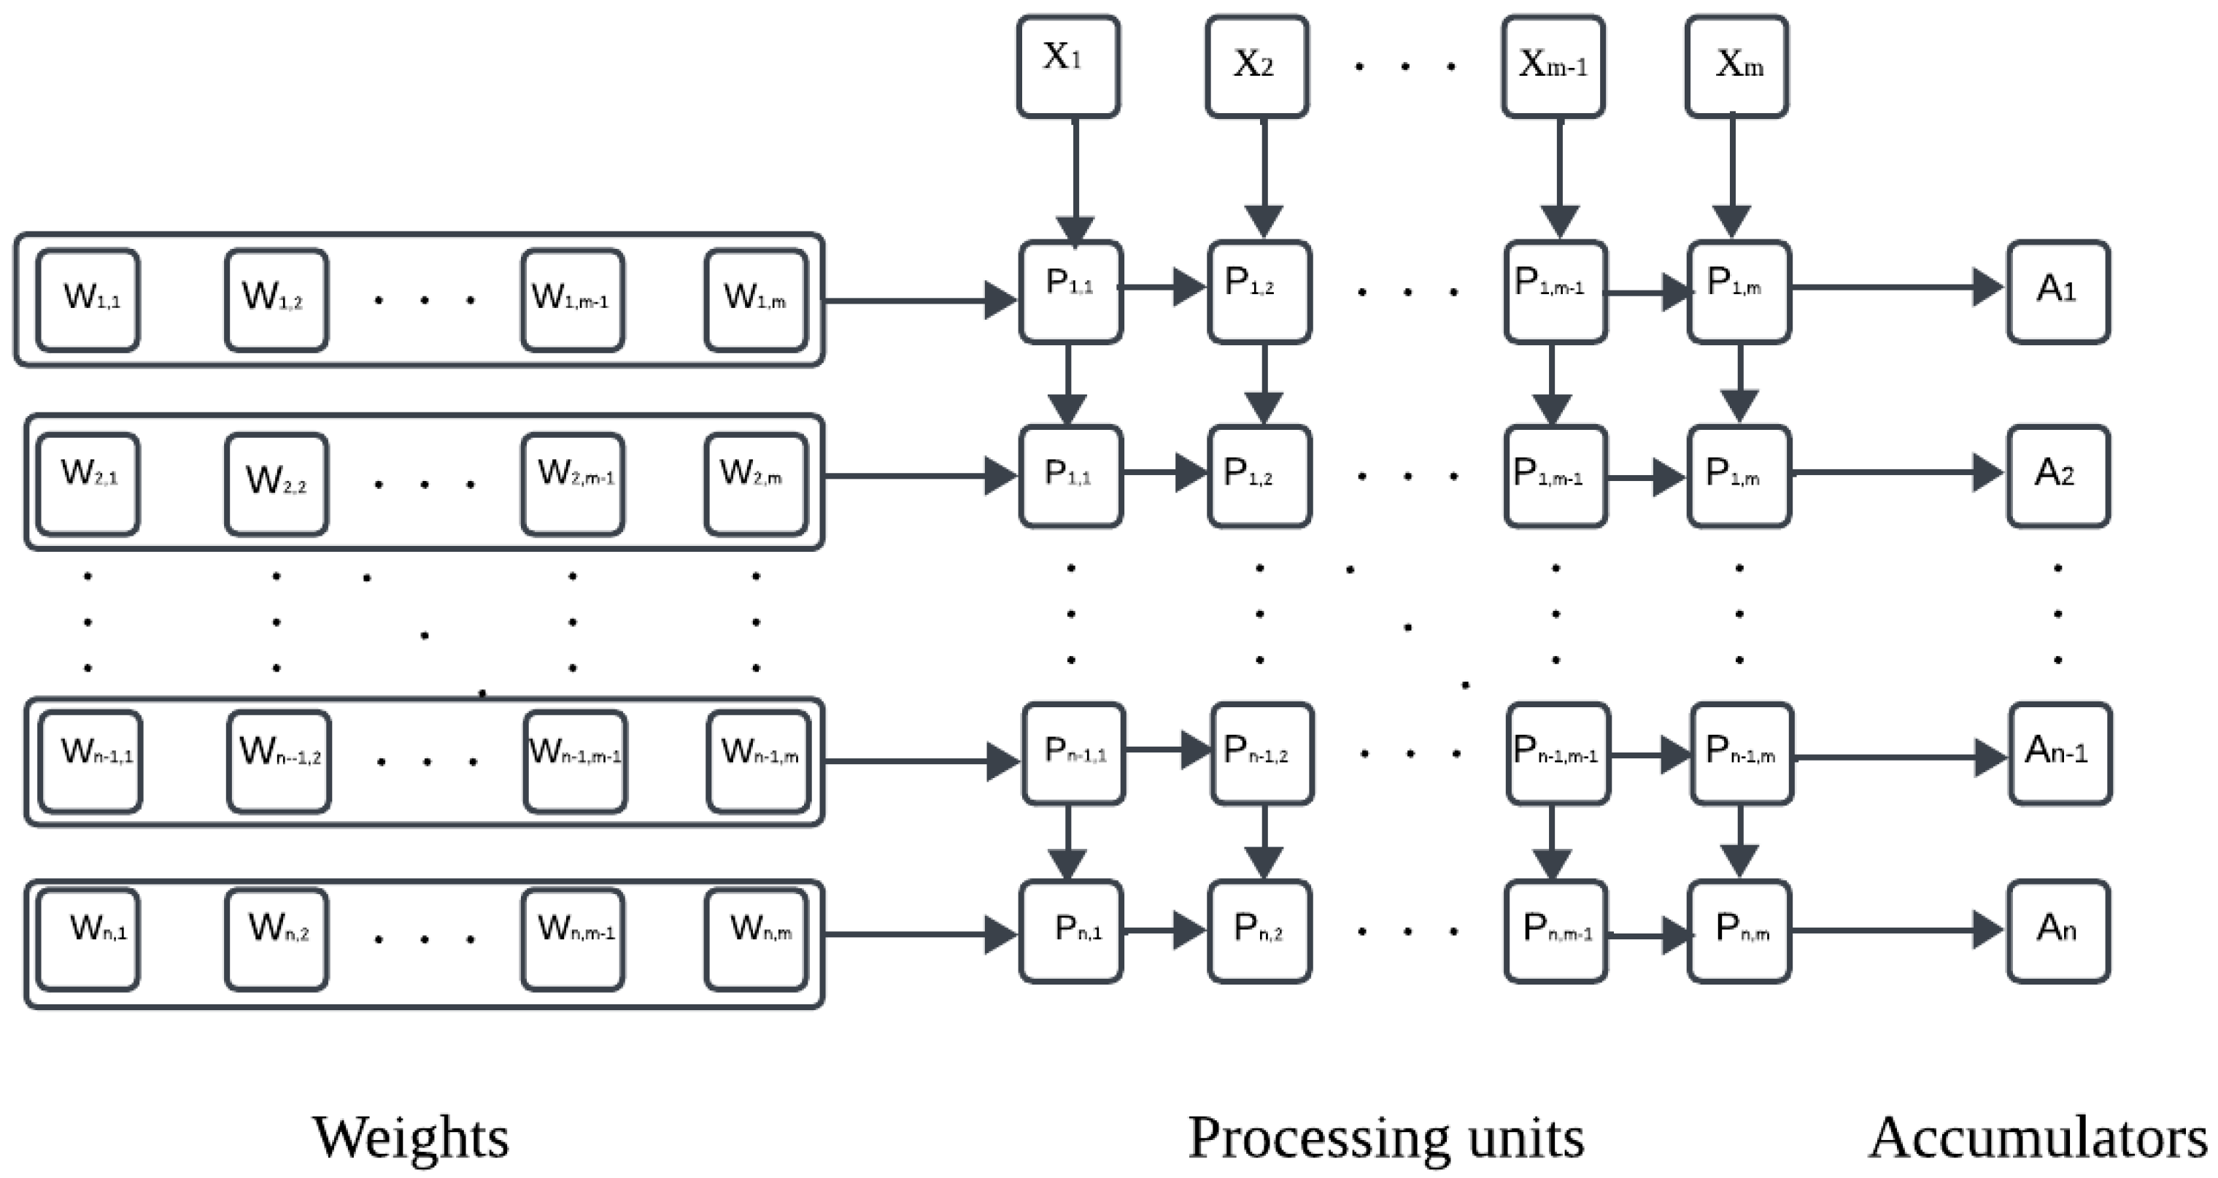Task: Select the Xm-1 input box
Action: pos(1553,66)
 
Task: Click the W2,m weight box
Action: pos(756,484)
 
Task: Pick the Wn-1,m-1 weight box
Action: pos(575,761)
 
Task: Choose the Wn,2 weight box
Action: pos(277,939)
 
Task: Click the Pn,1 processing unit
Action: pos(1071,931)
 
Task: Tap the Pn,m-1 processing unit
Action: pos(1556,931)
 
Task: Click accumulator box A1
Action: pos(2057,291)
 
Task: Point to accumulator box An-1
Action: pos(2060,753)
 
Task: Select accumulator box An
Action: pos(2057,931)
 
